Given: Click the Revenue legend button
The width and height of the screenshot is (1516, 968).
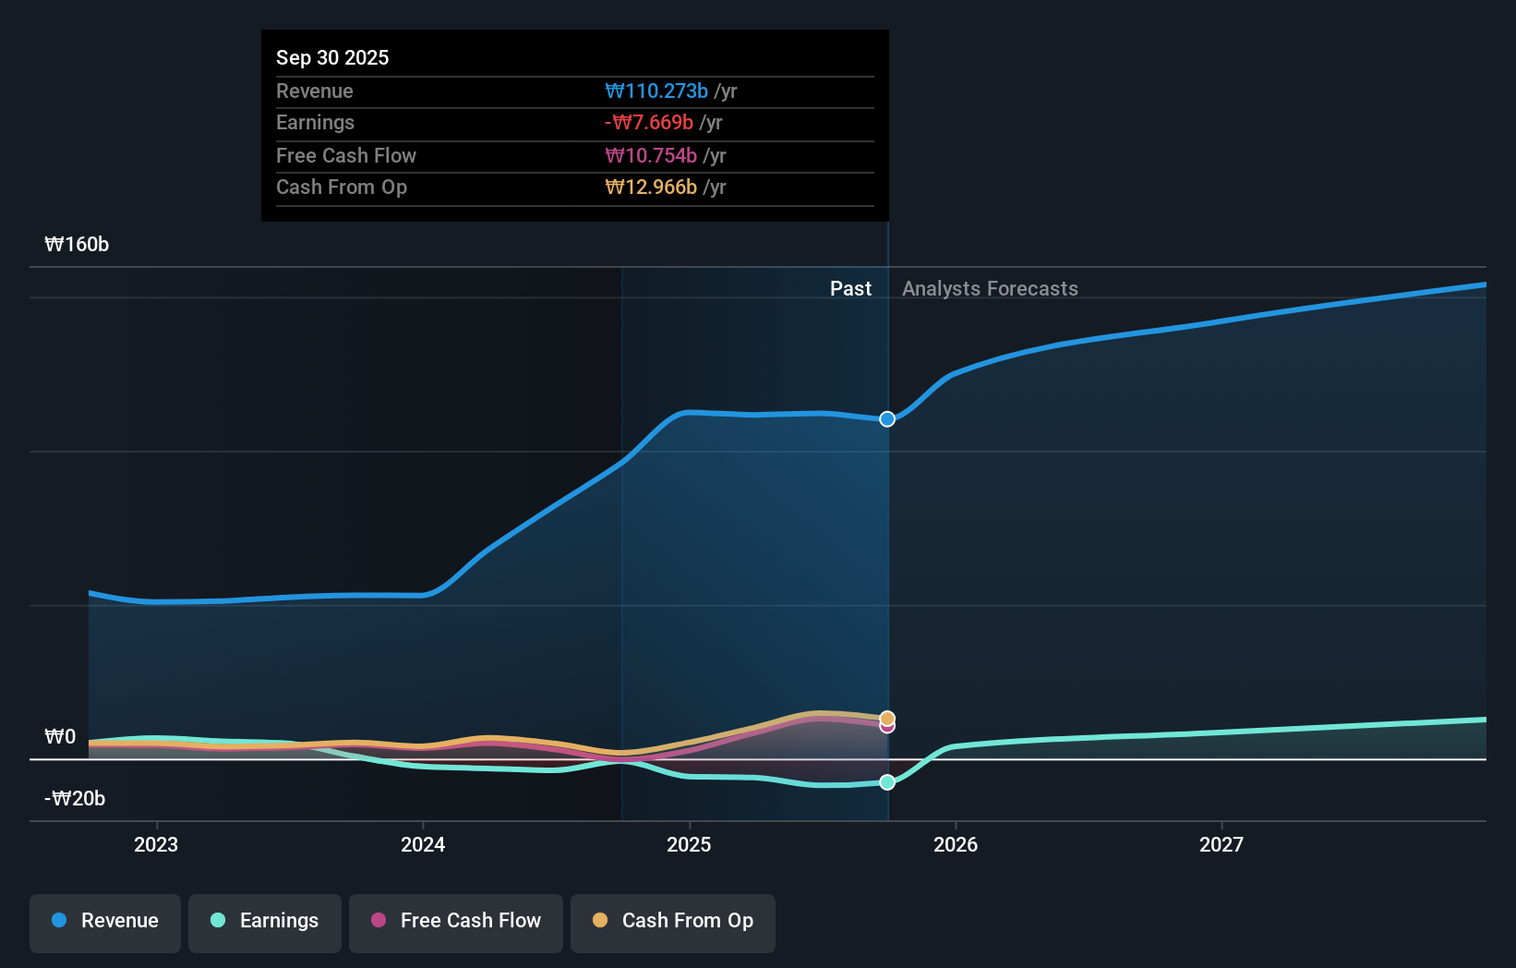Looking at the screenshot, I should coord(105,922).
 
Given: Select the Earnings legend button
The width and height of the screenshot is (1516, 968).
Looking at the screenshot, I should coord(265,922).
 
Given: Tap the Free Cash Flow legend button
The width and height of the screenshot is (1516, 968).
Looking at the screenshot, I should coord(456,922).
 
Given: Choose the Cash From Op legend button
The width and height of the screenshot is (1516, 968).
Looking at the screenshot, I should coord(673,922).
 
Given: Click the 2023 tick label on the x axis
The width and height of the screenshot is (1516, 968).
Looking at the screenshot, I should coord(156,844).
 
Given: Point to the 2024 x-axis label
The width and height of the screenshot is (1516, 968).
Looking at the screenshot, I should coord(423,844).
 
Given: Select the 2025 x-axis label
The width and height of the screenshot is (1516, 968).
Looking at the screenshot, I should coord(689,844).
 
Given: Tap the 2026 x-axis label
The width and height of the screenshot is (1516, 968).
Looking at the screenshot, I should coord(956,844).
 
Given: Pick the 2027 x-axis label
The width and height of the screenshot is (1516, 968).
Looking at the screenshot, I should coord(1221,844).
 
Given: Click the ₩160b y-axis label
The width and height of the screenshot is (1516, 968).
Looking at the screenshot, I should coord(77,245).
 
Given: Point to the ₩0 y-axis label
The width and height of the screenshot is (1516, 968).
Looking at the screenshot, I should coord(60,737).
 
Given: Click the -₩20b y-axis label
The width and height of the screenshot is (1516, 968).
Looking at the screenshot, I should coord(75,799).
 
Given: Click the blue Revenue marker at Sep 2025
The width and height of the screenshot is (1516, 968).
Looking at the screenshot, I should coord(887,419).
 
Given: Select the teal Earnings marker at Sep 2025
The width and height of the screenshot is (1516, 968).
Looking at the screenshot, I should coord(887,782).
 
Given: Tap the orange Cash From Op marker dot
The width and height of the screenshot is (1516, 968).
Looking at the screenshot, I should coord(887,718).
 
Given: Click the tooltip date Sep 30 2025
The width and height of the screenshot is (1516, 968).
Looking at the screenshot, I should coord(332,57).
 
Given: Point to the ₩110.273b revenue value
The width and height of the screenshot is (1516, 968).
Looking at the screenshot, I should coord(656,91).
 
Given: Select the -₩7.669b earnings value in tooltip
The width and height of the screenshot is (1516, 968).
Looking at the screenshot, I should coord(649,123).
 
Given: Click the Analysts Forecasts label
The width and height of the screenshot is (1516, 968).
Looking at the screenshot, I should coord(990,289).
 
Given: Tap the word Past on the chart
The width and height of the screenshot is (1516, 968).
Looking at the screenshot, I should coord(850,289).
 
